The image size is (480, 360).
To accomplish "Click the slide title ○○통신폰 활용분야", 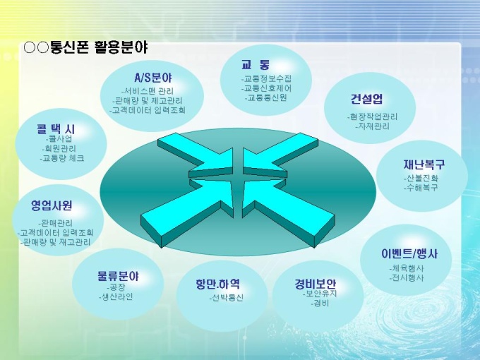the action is [86, 48].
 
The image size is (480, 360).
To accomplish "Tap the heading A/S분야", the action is [152, 78].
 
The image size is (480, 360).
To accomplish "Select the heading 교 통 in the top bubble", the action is [256, 65].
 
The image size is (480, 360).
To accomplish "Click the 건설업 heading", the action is [367, 99].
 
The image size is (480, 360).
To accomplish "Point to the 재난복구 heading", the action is [424, 164].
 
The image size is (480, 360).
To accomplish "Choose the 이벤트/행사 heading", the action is [409, 253].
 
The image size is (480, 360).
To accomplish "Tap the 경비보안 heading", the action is [316, 284].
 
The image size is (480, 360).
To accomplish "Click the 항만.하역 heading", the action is [217, 284].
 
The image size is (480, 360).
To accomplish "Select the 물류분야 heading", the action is [118, 276].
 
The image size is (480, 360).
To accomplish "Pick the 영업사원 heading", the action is [52, 205].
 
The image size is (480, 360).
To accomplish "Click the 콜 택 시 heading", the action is [56, 129].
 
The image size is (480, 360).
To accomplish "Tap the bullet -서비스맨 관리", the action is [148, 91].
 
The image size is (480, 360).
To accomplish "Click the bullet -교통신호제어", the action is [266, 88].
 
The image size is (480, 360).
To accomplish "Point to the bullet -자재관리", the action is [372, 126].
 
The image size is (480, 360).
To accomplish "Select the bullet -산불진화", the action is [421, 178].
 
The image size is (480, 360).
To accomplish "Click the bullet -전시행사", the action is [407, 278].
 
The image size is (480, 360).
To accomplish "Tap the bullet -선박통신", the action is [227, 298].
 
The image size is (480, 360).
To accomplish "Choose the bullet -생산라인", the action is [116, 296].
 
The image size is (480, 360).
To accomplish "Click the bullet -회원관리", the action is [59, 149].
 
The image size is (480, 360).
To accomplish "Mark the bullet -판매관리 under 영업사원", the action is [55, 223].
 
